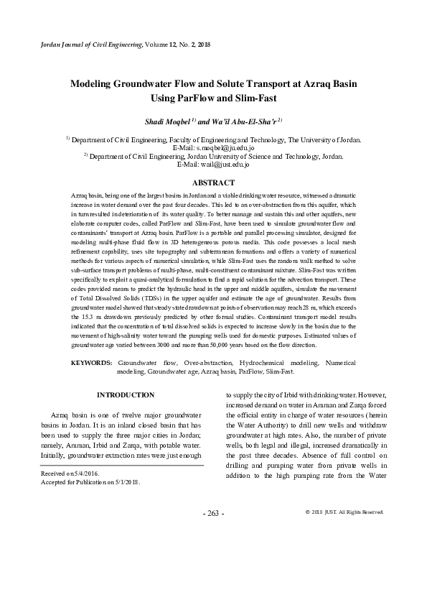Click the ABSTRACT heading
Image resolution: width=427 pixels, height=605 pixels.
(x=213, y=183)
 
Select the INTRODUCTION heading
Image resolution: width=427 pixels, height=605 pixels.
(x=126, y=395)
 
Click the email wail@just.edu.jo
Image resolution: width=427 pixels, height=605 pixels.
(x=213, y=165)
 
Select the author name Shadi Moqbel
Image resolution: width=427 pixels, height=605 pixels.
(x=166, y=122)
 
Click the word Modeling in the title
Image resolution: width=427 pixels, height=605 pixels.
(x=95, y=83)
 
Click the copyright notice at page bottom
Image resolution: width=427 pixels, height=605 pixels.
(x=344, y=512)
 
